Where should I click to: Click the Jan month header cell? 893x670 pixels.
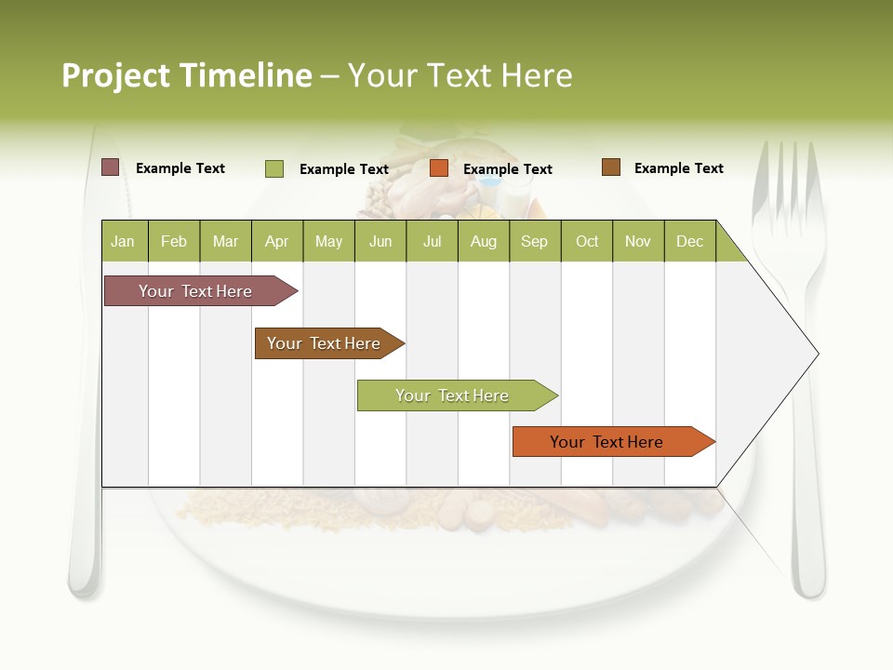(x=124, y=241)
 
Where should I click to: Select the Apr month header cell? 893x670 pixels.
(x=277, y=241)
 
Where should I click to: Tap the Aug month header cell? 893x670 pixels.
(x=484, y=241)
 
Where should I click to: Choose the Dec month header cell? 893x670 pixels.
(x=689, y=241)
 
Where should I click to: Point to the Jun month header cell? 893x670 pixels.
(x=380, y=241)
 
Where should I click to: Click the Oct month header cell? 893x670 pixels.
(x=587, y=241)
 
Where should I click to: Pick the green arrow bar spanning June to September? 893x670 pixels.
(x=453, y=395)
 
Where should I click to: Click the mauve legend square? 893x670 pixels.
(x=110, y=167)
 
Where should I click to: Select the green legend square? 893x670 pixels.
(x=273, y=168)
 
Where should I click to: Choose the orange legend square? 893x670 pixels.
(x=439, y=168)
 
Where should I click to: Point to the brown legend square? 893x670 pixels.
(x=610, y=167)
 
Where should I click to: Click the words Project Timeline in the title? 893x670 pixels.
(x=186, y=75)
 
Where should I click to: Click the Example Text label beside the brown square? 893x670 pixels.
(x=678, y=168)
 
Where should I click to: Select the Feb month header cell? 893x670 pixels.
(x=174, y=241)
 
